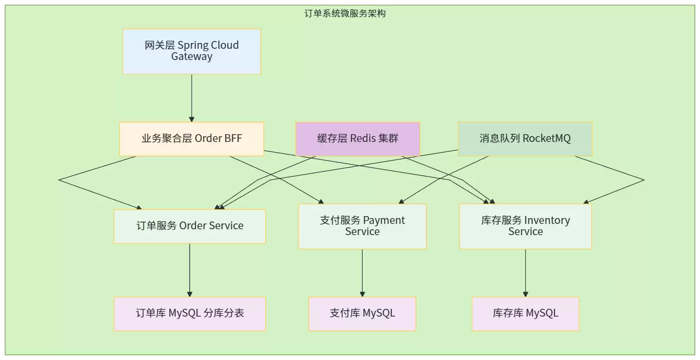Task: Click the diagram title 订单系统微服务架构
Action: coord(345,14)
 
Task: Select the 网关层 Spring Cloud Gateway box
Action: coord(192,52)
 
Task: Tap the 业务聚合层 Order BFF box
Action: coord(192,139)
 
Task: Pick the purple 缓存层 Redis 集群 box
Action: coord(357,139)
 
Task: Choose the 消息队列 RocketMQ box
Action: coord(525,139)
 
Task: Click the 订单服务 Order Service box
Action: coord(190,226)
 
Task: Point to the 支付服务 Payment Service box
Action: coord(362,226)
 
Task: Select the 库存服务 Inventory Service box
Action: coord(525,226)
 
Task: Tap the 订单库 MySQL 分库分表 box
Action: coord(190,314)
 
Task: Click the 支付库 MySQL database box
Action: coord(362,314)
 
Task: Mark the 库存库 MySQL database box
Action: coord(525,314)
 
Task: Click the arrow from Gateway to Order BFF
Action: coord(192,98)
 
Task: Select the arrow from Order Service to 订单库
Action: coord(190,270)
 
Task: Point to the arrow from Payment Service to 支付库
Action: coord(362,273)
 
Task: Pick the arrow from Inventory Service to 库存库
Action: coord(525,273)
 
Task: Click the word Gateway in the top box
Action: coord(192,57)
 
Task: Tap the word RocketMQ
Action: coord(546,138)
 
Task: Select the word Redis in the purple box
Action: coord(363,138)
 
